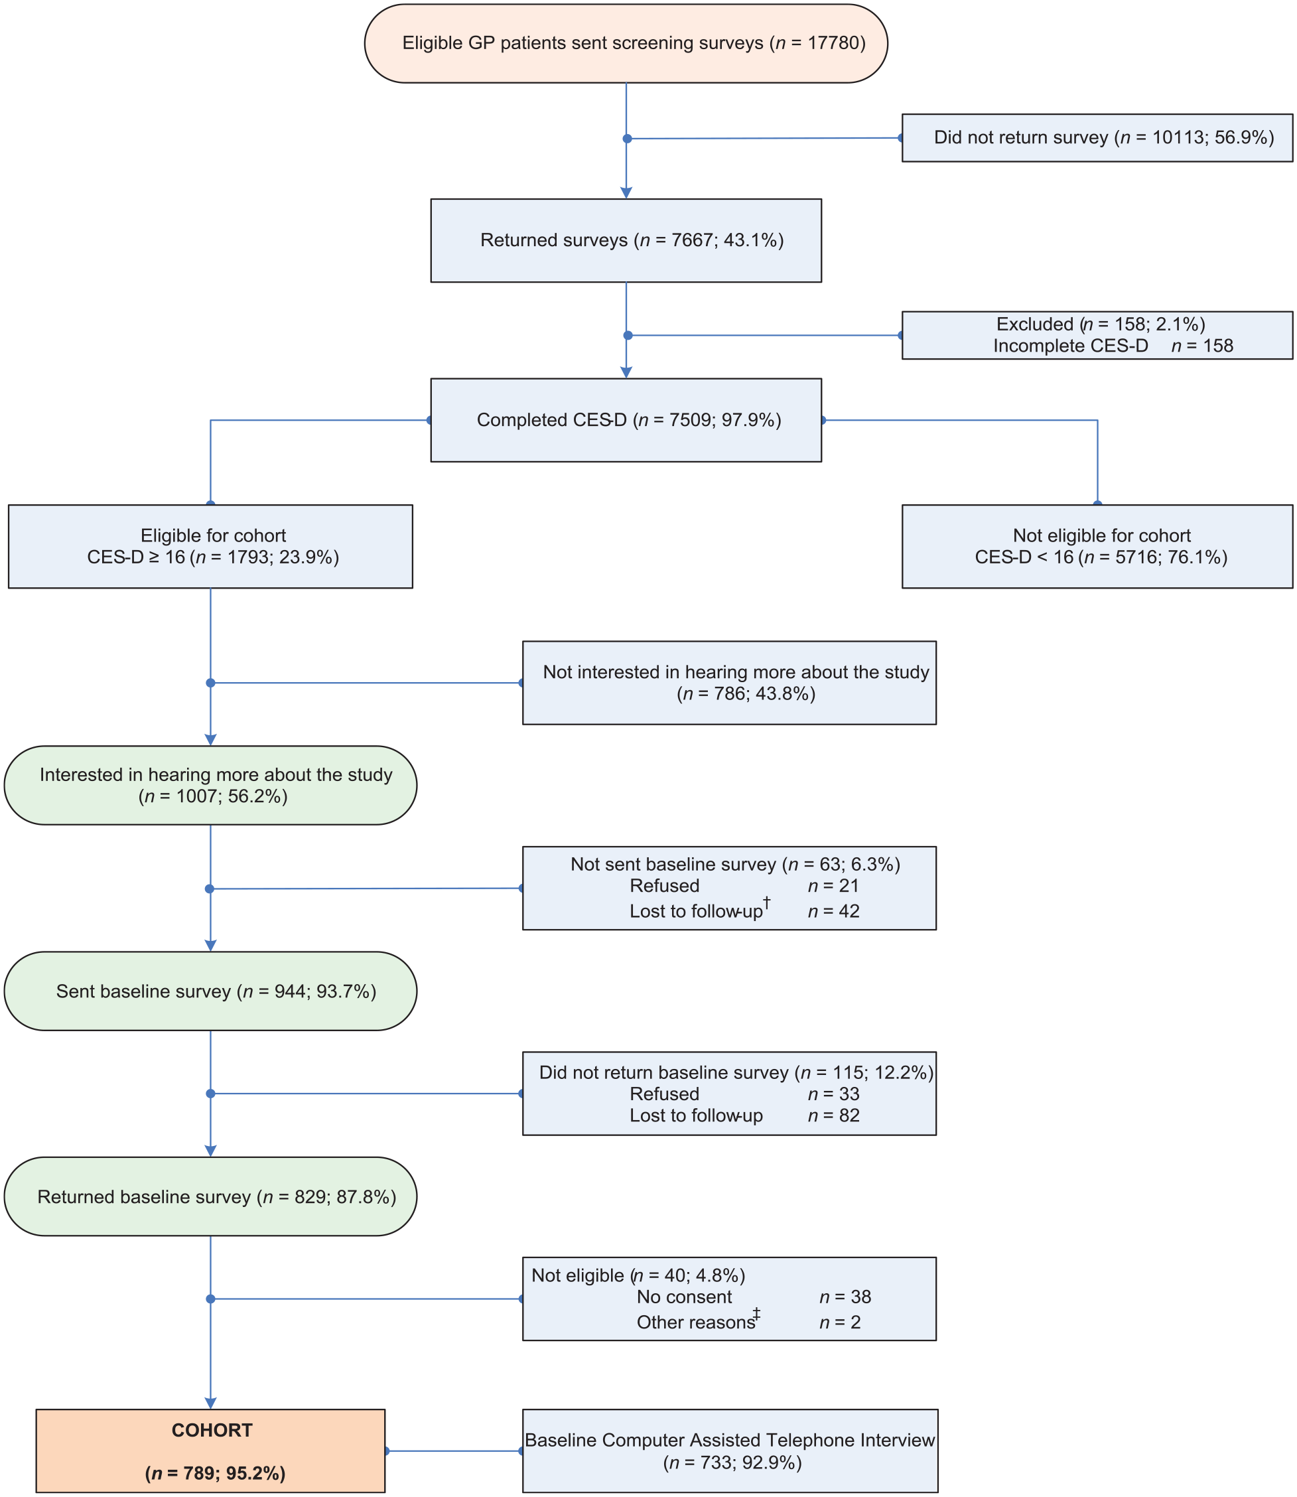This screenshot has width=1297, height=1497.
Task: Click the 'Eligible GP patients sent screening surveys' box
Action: tap(626, 43)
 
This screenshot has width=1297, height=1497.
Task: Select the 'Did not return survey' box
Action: tap(1097, 137)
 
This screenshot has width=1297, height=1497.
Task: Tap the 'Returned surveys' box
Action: tap(626, 240)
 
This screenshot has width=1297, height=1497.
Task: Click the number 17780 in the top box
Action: tap(833, 42)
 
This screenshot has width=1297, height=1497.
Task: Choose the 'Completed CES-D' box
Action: tap(626, 420)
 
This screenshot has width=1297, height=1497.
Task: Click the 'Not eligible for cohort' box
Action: tap(1097, 547)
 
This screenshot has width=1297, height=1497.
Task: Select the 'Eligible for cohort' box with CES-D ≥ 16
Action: tap(210, 547)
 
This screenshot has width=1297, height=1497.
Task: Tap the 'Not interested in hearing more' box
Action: tap(730, 683)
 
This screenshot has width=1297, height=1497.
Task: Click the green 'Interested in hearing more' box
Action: tap(210, 786)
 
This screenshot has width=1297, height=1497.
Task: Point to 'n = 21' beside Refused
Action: tap(834, 886)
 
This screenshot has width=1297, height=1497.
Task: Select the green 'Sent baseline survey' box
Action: tap(210, 991)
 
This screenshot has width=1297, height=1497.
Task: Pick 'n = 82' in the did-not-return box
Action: tap(834, 1115)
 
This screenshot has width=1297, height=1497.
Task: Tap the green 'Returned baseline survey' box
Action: tap(210, 1196)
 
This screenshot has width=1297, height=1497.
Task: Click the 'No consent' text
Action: tap(684, 1297)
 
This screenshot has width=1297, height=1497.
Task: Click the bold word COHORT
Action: tap(212, 1430)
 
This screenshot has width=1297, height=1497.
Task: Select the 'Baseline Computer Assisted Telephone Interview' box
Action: tap(730, 1451)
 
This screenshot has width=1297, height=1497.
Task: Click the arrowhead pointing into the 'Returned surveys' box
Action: tap(626, 192)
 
